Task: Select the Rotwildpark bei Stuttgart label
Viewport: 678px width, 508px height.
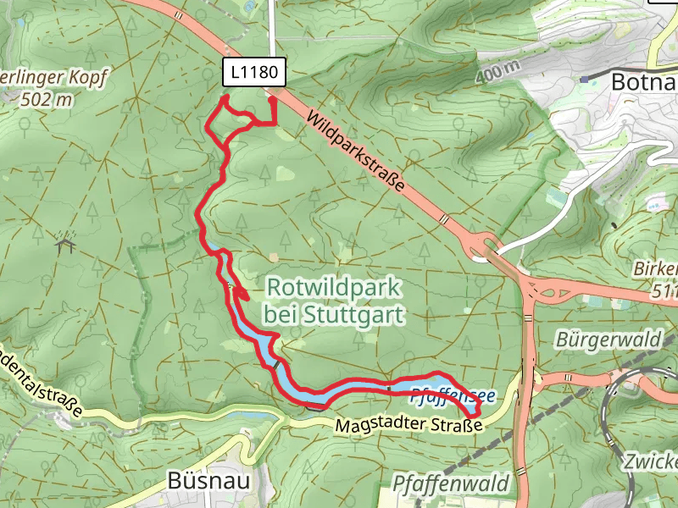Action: (x=332, y=301)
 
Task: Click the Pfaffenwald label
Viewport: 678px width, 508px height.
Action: (x=453, y=483)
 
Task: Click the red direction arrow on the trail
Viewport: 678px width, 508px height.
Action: (x=241, y=295)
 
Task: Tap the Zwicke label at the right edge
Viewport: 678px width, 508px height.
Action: (x=651, y=462)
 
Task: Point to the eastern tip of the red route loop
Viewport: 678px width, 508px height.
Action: (x=480, y=411)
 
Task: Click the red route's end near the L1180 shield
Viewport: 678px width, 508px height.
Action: (x=273, y=100)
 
